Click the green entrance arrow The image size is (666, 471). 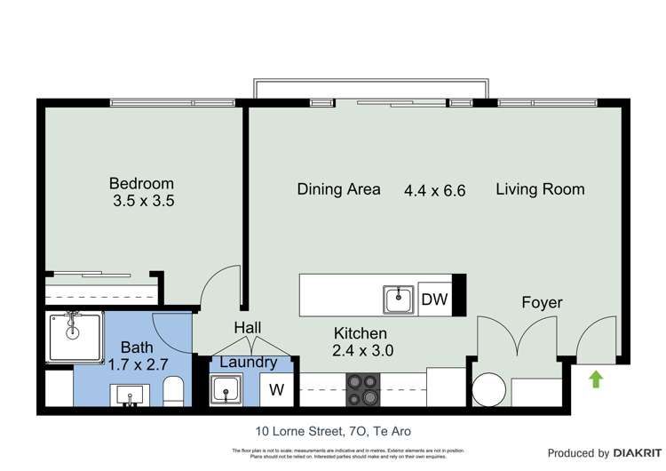[596, 379]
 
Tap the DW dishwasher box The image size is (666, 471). [434, 299]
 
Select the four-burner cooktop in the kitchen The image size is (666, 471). [362, 387]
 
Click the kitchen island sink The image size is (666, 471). [399, 299]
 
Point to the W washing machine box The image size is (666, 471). [277, 389]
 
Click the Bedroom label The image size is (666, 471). [141, 184]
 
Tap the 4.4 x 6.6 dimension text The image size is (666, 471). [434, 190]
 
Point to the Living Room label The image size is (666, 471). [540, 188]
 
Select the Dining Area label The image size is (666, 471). [338, 188]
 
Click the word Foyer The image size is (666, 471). [542, 302]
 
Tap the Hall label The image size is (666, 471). [247, 328]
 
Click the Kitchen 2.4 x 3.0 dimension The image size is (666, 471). [362, 350]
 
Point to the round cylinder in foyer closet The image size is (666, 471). [488, 388]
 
